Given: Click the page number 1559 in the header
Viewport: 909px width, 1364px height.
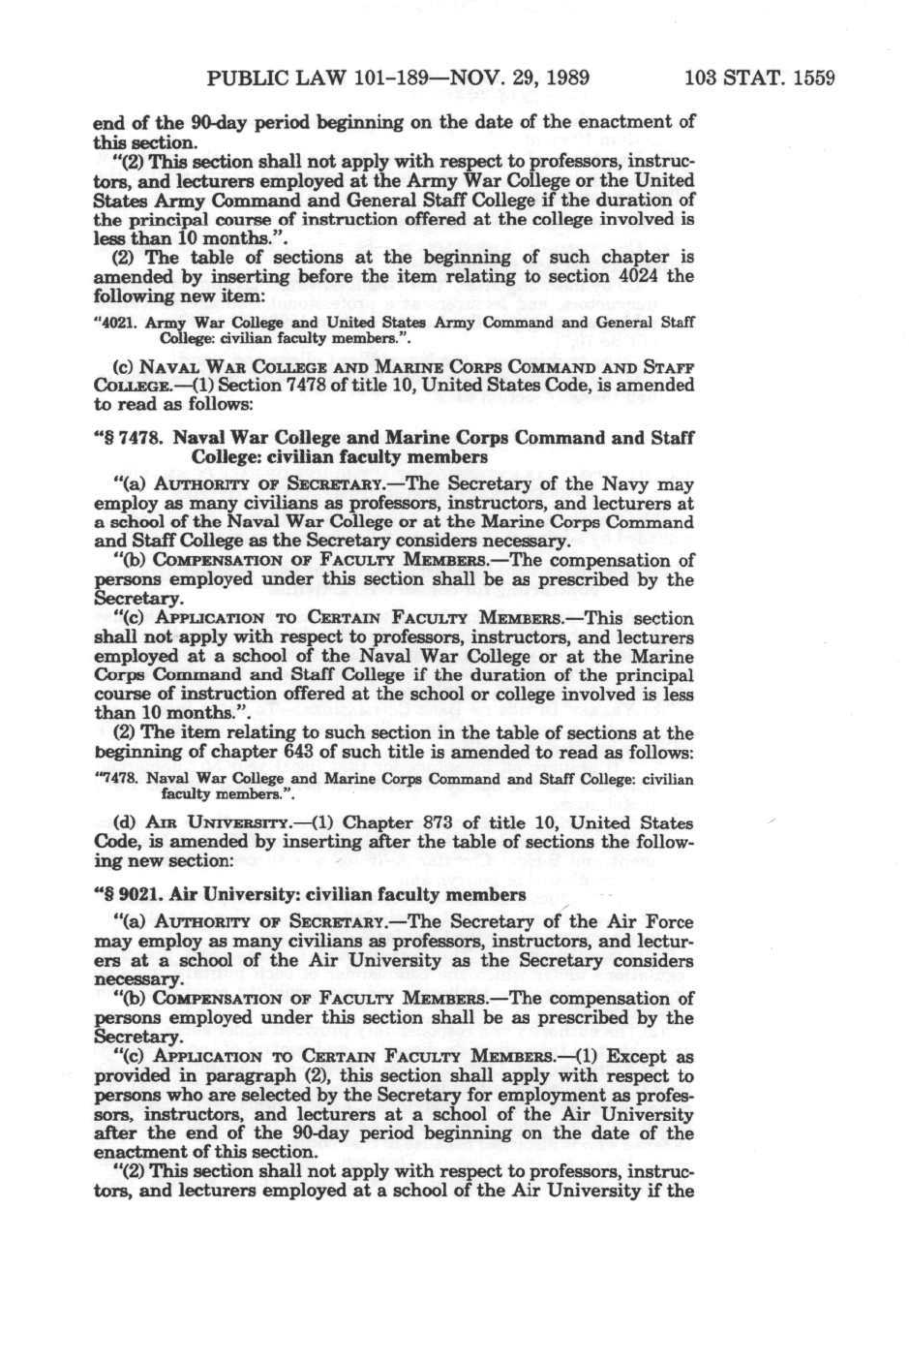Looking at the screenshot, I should pyautogui.click(x=813, y=77).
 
